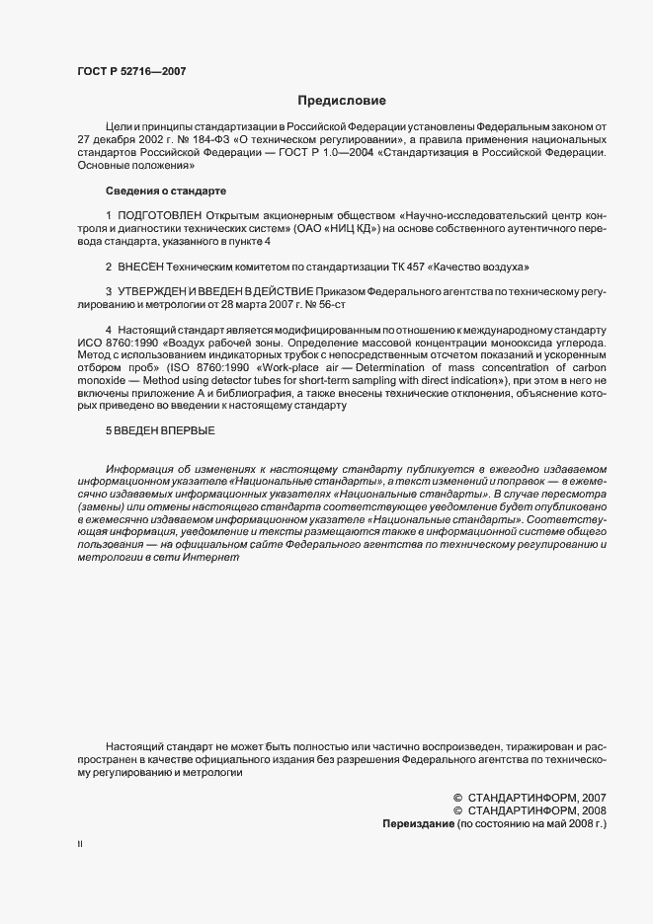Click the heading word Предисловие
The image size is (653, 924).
[x=343, y=101]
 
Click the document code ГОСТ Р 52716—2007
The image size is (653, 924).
[x=131, y=71]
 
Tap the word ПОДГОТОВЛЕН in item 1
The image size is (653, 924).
[x=160, y=214]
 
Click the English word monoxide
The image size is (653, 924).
[x=100, y=380]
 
